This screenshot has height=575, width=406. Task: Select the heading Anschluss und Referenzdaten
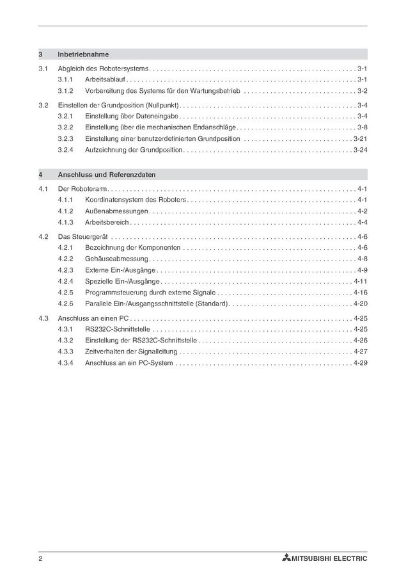coord(106,174)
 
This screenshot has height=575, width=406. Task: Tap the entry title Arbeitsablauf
coord(105,79)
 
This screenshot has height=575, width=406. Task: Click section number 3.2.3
coord(66,138)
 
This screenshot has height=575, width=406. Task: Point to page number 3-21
coord(360,138)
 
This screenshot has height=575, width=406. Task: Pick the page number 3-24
coord(360,150)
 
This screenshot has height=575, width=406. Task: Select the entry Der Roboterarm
coord(82,189)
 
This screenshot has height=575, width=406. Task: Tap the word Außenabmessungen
coord(116,211)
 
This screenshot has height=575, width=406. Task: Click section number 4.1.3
coord(66,222)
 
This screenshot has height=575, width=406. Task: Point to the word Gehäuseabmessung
coord(116,259)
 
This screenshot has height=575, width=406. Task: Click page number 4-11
coord(360,281)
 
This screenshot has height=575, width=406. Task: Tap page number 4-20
coord(360,304)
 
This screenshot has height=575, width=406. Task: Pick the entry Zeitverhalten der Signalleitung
coord(131,352)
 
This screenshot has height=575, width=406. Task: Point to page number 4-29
coord(360,363)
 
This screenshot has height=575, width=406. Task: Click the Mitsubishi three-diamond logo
coord(285,558)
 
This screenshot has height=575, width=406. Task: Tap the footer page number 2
coord(40,558)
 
